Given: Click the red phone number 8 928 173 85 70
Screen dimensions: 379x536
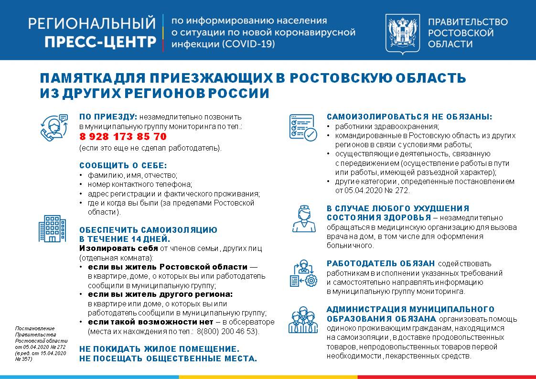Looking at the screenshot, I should (x=123, y=137).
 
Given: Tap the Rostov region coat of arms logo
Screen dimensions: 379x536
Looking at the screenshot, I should (x=402, y=33).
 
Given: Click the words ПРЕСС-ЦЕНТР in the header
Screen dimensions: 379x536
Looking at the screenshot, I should (x=100, y=42).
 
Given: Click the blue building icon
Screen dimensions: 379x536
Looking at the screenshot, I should (x=52, y=228).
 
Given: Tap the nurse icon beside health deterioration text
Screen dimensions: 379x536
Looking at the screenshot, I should (x=302, y=219).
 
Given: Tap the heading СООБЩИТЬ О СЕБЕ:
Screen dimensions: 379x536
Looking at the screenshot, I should (x=123, y=165).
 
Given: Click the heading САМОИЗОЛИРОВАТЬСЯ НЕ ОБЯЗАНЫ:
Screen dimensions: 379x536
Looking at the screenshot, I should (x=409, y=117).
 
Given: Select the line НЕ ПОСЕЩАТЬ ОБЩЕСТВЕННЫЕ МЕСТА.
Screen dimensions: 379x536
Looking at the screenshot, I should (x=168, y=358).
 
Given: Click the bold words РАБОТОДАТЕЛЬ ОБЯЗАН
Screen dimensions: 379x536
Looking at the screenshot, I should (x=381, y=263).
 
